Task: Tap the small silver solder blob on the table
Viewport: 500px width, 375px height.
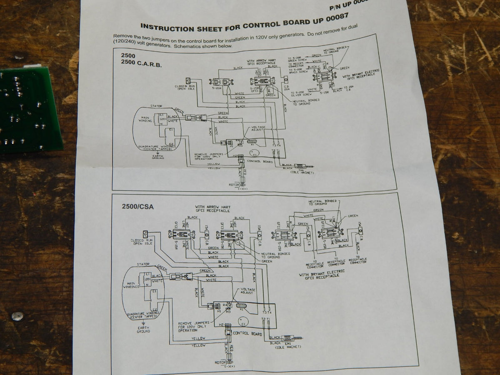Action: (16, 316)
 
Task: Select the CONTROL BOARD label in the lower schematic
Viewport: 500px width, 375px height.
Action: (247, 333)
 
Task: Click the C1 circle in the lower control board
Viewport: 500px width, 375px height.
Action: (242, 322)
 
